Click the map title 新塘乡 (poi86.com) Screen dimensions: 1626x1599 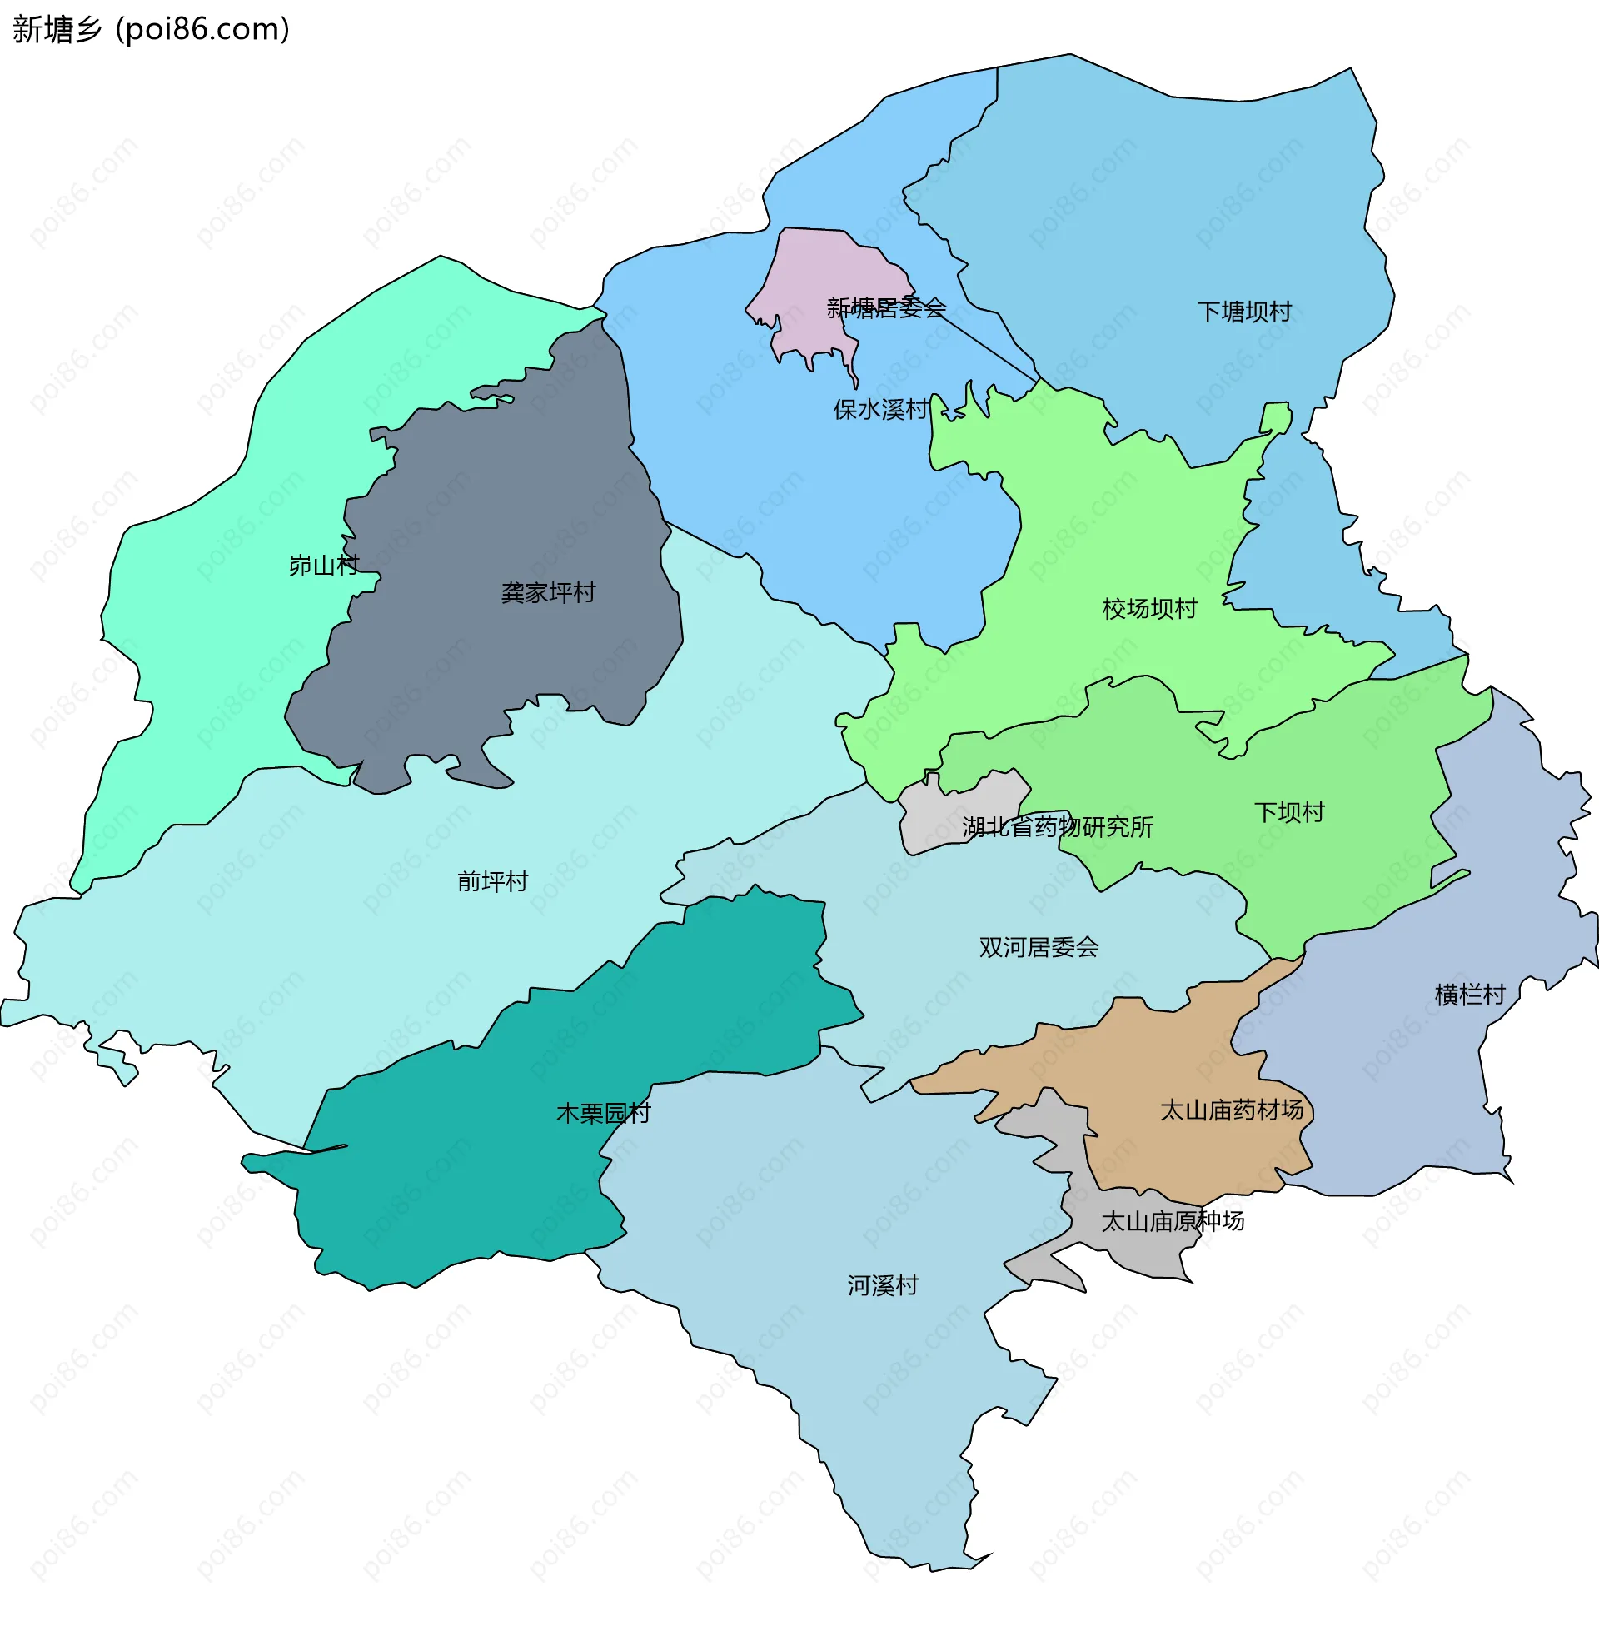coord(152,29)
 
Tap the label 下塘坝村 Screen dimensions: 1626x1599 coord(1243,312)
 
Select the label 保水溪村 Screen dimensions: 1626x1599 coord(881,410)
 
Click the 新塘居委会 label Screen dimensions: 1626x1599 coord(886,308)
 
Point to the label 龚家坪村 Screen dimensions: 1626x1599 coord(548,593)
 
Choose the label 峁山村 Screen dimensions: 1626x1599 coord(323,566)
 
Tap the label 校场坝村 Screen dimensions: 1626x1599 coord(1148,609)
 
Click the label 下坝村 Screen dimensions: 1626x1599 coord(1289,812)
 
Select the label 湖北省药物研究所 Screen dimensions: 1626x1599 coord(1058,827)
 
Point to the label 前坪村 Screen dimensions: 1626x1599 coord(492,881)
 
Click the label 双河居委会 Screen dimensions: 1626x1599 coord(1039,947)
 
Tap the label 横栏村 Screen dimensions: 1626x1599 coord(1470,995)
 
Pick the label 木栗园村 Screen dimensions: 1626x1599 coord(603,1113)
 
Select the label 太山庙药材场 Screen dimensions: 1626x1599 coord(1231,1110)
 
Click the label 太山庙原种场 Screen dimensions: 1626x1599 coord(1173,1221)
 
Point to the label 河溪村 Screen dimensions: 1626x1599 coord(883,1285)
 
